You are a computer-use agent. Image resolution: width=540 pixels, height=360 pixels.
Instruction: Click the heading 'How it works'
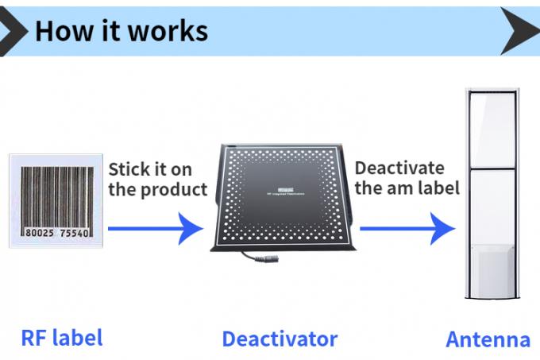[x=121, y=30]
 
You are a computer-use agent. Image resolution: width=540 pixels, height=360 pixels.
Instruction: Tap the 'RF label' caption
[x=61, y=337]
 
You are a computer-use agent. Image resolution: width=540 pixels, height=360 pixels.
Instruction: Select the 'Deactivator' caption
[x=280, y=339]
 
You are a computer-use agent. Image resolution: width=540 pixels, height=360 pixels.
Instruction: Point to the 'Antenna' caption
[x=488, y=339]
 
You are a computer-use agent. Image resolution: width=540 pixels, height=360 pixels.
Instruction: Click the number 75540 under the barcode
[x=75, y=234]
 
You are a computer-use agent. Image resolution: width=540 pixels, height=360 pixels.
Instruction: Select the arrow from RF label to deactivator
[x=155, y=228]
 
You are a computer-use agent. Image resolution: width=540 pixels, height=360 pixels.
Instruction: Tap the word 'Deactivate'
[x=399, y=168]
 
